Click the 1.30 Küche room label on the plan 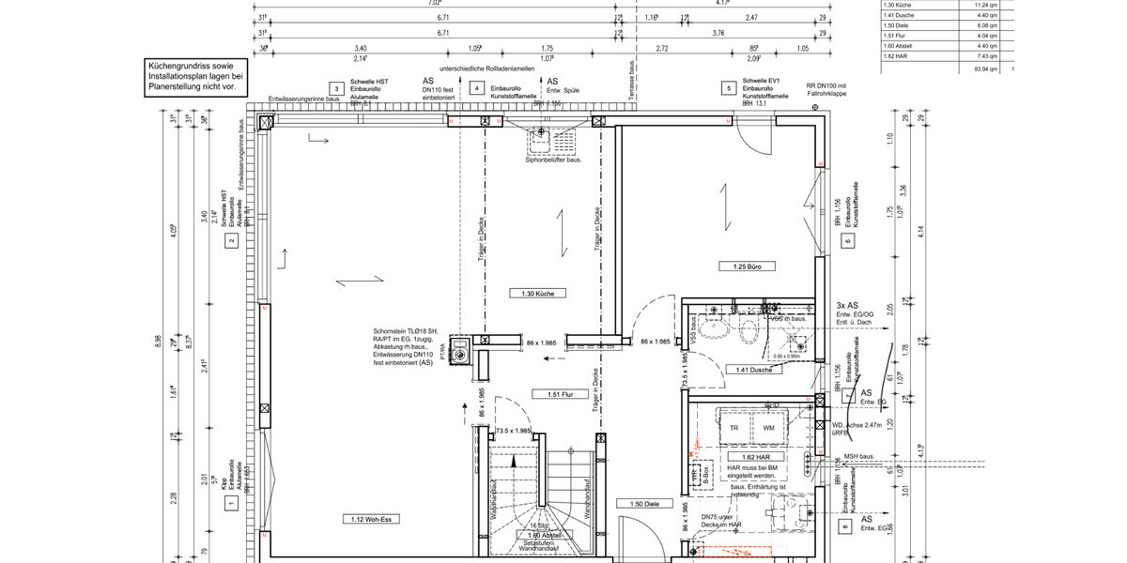(x=538, y=294)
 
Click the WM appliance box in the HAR (x=768, y=427)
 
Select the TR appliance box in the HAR (x=734, y=427)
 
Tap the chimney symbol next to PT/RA (x=461, y=354)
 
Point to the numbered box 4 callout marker (x=477, y=88)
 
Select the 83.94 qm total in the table (x=985, y=69)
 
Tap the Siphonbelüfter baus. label (x=552, y=160)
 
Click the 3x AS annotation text (x=846, y=306)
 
